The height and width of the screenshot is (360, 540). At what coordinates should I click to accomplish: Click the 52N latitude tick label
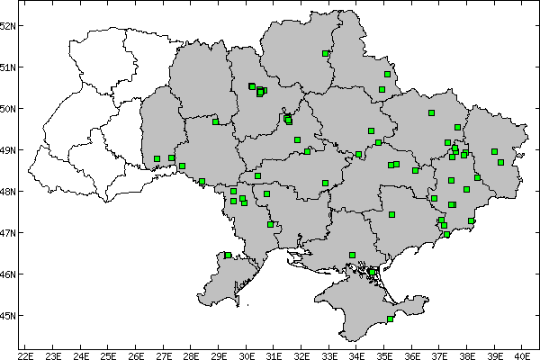[9, 25]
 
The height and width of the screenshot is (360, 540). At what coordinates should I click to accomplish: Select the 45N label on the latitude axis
[9, 316]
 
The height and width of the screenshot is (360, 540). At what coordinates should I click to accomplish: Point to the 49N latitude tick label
[9, 150]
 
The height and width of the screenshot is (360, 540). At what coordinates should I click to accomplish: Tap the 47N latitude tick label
[9, 233]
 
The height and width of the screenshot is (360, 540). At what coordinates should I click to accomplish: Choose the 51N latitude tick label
[9, 67]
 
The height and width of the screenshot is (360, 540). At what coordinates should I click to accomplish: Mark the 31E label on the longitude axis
[274, 354]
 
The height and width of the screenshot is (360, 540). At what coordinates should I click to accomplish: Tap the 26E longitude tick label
[136, 354]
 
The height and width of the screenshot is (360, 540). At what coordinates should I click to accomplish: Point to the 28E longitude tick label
[192, 354]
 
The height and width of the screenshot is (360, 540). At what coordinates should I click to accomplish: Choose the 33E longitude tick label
[329, 354]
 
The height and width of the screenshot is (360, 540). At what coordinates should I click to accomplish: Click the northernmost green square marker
[325, 53]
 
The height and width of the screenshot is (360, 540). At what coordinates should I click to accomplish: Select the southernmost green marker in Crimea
[390, 319]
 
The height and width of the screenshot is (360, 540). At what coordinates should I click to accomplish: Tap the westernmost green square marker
[157, 159]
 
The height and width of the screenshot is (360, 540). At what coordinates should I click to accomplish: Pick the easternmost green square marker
[500, 163]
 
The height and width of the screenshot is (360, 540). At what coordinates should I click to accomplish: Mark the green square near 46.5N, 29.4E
[229, 256]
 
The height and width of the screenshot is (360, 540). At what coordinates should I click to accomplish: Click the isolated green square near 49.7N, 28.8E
[215, 121]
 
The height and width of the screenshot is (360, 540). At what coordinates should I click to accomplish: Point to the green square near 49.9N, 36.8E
[431, 113]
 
